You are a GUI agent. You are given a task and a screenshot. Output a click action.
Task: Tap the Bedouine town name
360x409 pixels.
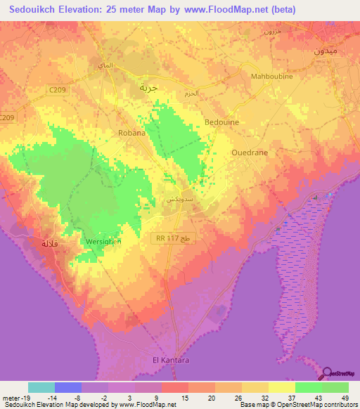pyautogui.click(x=221, y=122)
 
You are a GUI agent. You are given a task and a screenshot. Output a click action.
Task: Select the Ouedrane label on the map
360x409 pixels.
pyautogui.click(x=250, y=151)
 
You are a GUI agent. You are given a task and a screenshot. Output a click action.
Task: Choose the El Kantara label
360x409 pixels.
pyautogui.click(x=171, y=361)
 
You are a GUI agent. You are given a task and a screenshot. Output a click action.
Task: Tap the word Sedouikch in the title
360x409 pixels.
pyautogui.click(x=37, y=10)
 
